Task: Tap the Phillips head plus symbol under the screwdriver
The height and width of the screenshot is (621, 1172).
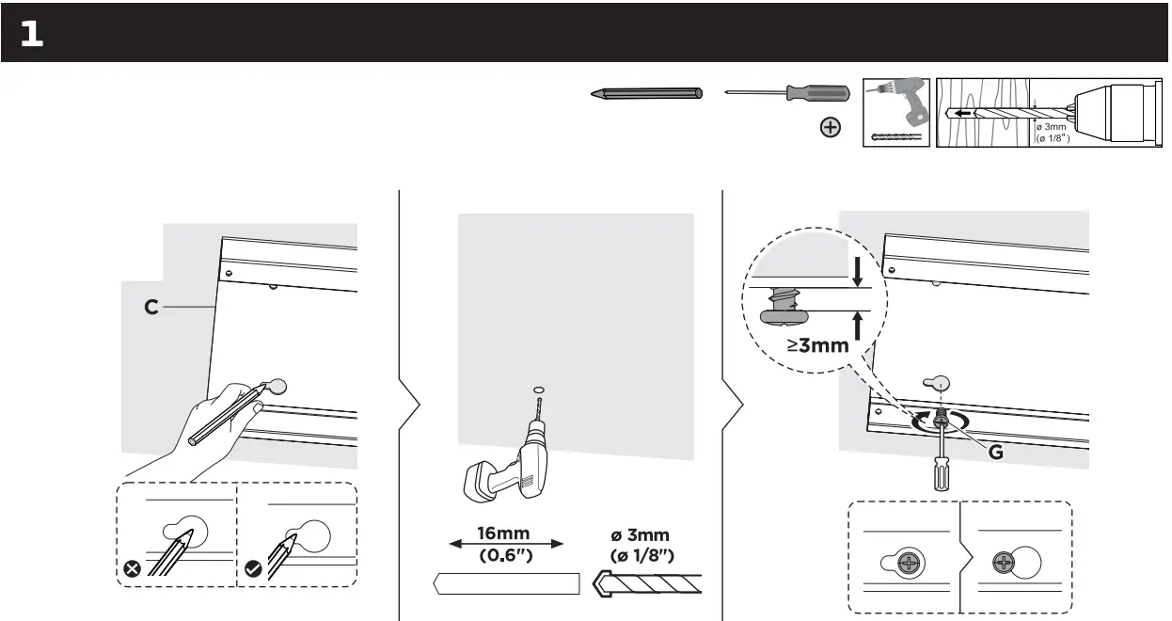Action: tap(831, 128)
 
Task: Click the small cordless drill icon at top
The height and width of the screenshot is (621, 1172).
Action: tap(895, 105)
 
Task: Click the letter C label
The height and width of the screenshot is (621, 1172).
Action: tap(150, 308)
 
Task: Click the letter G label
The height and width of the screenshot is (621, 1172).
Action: tap(995, 453)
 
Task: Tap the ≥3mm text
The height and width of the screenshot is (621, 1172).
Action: tap(817, 345)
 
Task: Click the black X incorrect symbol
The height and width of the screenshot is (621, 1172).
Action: tap(132, 568)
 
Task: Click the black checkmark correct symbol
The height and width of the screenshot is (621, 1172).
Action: tap(251, 568)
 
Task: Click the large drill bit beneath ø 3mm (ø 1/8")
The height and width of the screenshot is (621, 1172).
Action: tap(647, 585)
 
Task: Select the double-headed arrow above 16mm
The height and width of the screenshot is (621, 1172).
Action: tap(506, 544)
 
